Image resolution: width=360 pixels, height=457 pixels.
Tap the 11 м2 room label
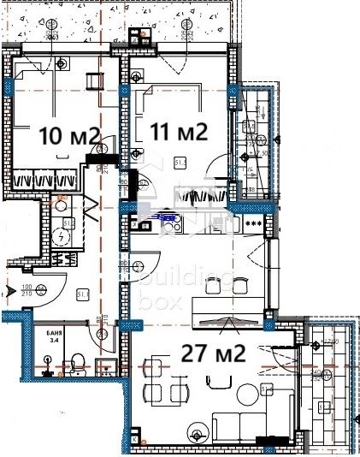[179, 133]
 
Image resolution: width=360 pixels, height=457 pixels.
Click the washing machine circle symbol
[62, 239]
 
